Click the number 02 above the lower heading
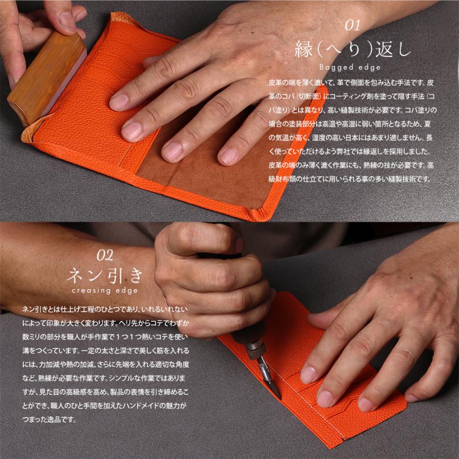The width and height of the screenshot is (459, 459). point(105,254)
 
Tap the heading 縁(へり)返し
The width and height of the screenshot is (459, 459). point(352,49)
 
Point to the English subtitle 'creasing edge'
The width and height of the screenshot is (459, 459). point(105,291)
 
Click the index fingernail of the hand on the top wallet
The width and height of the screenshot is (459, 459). point(119,100)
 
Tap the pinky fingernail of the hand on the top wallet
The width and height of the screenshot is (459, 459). point(227,155)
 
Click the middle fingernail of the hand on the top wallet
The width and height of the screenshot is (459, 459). point(132,130)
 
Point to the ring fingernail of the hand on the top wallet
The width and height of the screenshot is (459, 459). point(172,151)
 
